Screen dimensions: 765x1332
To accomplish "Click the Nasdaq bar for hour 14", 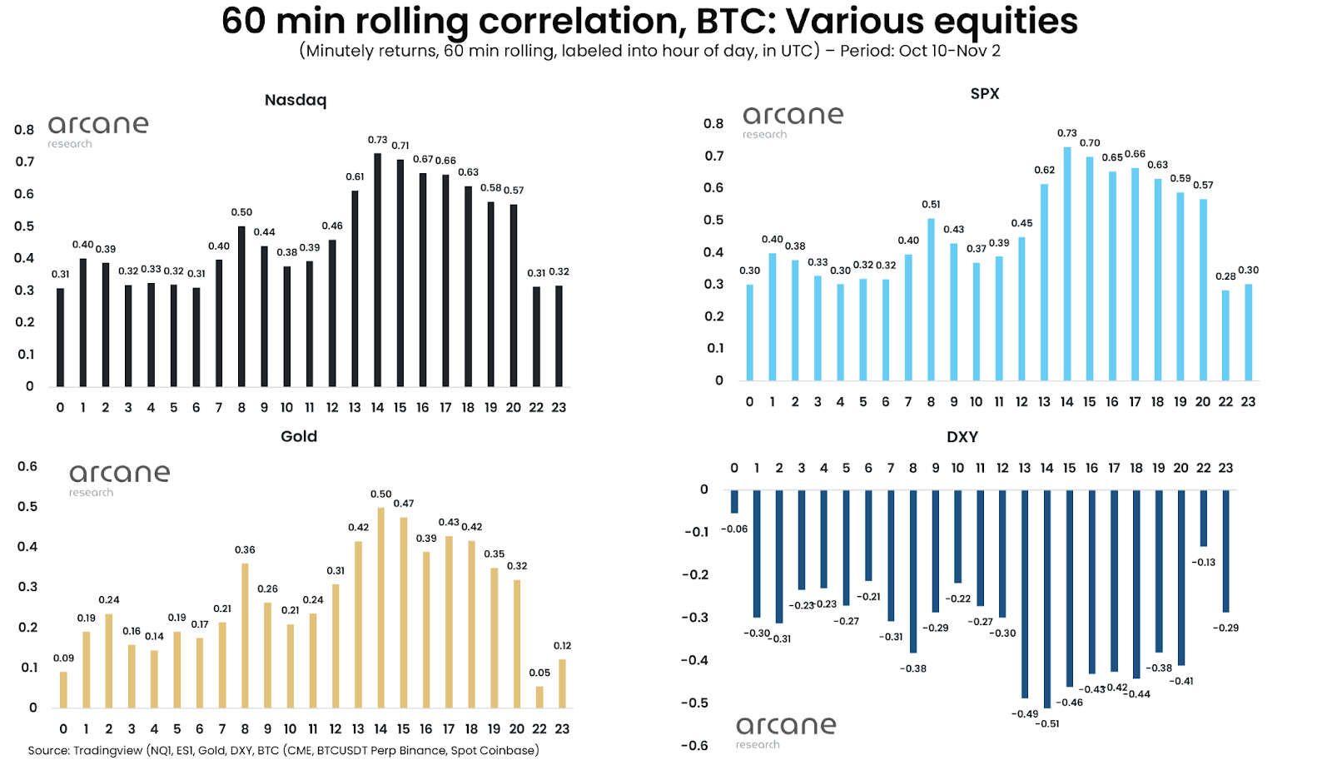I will [378, 271].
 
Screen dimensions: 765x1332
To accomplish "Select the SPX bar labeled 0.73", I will [1067, 264].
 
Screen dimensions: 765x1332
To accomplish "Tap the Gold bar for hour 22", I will [539, 698].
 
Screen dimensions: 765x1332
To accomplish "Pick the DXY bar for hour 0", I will [734, 501].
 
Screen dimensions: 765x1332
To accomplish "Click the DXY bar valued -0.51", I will [1047, 599].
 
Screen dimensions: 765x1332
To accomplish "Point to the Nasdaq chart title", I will [296, 100].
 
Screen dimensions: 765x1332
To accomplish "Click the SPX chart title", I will [984, 93].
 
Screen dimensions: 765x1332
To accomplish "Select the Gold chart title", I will [299, 436].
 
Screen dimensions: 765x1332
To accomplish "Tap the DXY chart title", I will [962, 437].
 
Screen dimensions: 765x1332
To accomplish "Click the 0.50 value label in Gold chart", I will [380, 494].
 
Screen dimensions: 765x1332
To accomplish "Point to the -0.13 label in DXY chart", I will [1203, 562].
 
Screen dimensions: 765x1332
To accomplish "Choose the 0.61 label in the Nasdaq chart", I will [355, 176].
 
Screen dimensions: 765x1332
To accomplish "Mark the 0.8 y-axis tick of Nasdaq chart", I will [24, 130].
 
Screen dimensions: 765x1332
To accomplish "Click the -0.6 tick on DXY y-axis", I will [693, 745].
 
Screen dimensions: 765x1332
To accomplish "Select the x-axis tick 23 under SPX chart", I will [1248, 401].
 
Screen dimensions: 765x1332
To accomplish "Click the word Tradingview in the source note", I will [107, 750].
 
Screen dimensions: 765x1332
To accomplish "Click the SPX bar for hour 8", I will [931, 300].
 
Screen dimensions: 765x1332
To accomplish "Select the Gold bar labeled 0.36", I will [245, 636].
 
